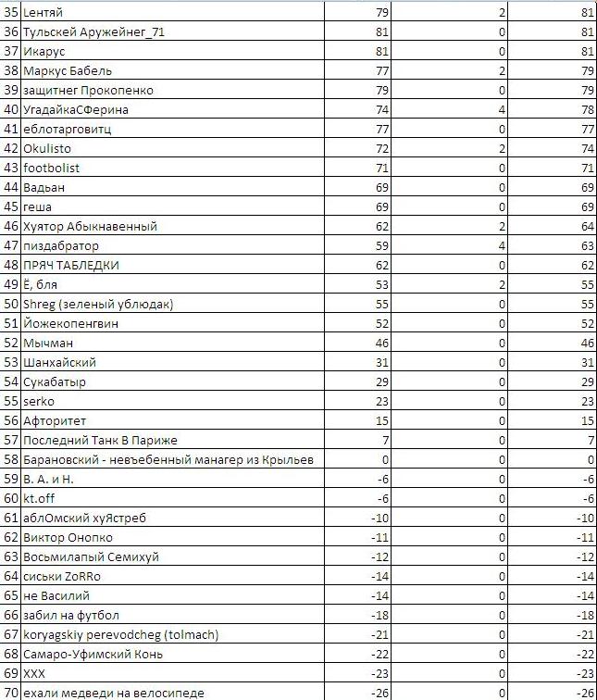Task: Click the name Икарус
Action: coord(44,51)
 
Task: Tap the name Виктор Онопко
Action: coord(68,537)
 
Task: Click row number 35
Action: coord(11,12)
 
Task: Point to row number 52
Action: coord(11,343)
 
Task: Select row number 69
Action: coord(11,673)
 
